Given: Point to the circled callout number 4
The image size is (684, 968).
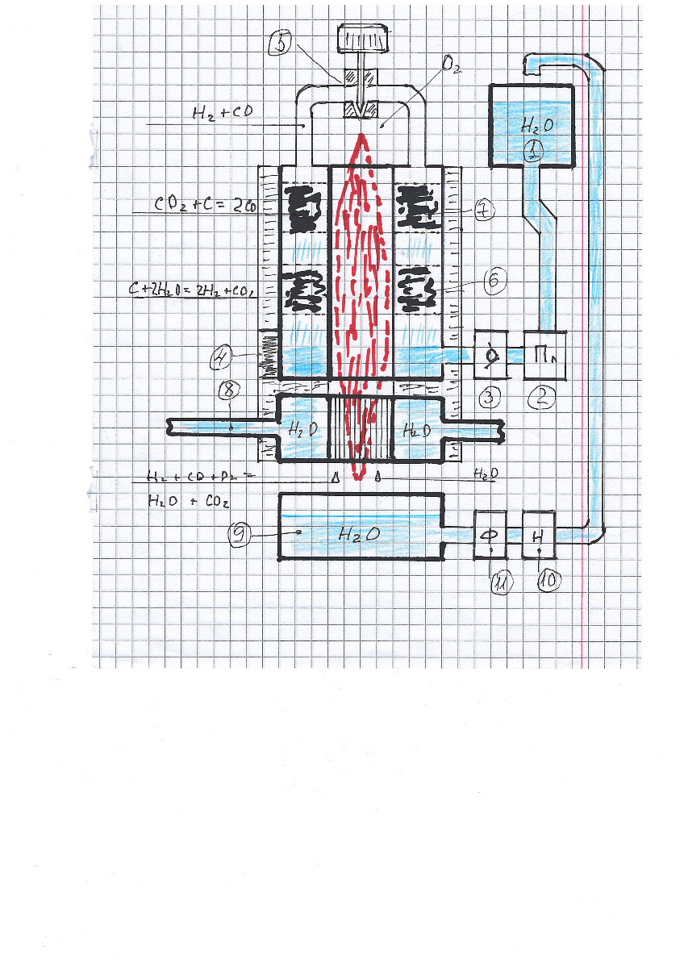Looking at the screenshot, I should [x=224, y=354].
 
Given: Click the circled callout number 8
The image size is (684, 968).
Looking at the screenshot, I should [x=229, y=390].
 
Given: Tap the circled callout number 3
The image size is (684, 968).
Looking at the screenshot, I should [x=489, y=396].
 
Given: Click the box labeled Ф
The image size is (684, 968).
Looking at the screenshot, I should [x=490, y=533].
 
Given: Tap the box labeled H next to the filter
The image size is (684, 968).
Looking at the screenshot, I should [x=539, y=533].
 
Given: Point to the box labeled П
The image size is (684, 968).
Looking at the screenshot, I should [x=544, y=355].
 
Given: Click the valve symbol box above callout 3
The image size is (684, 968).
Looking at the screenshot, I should [x=490, y=355].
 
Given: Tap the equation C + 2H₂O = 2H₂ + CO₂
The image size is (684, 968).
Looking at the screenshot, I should [x=194, y=289].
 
